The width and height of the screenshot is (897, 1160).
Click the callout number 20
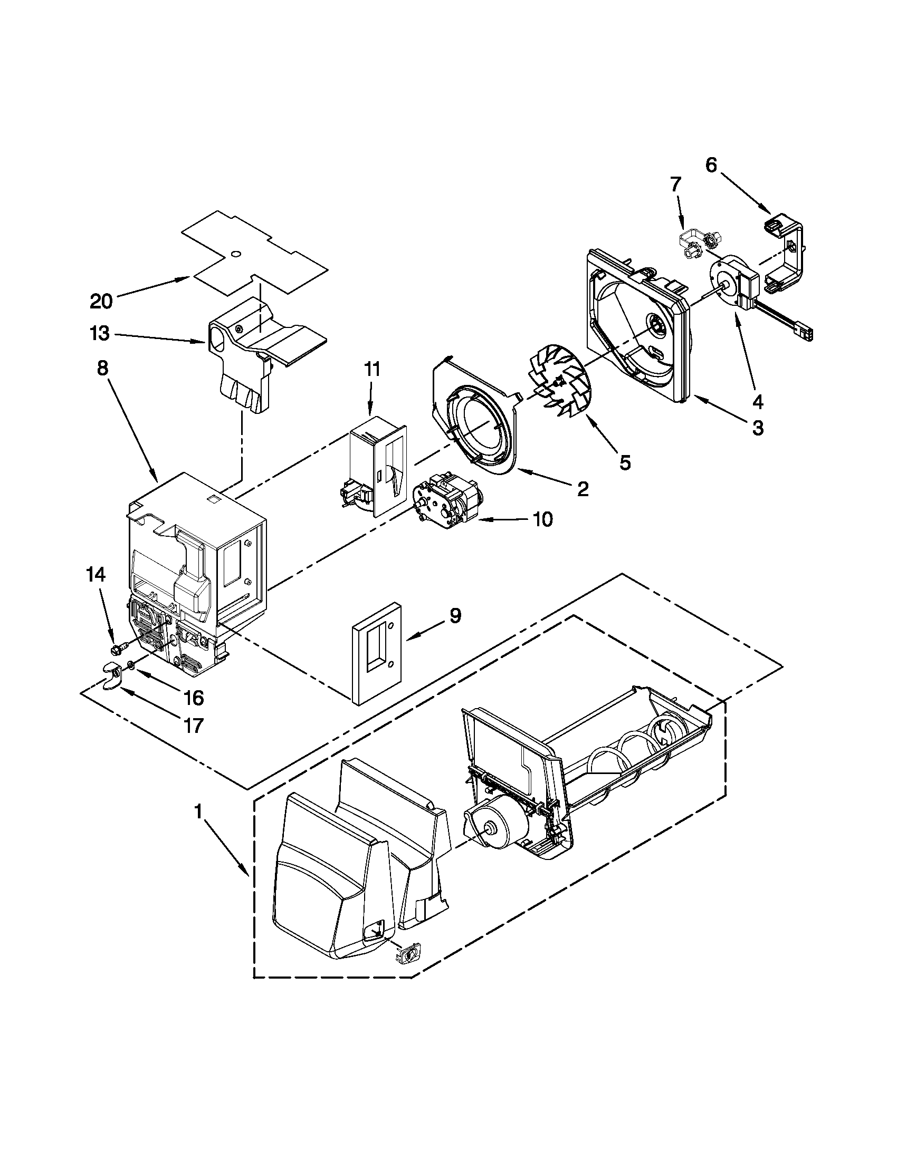(101, 302)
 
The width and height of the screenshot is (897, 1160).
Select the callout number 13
(100, 334)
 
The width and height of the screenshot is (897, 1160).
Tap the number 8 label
(102, 368)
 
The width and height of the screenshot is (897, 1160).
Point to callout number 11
(372, 369)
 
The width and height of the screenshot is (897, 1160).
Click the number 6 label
(711, 165)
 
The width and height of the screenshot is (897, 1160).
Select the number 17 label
(193, 725)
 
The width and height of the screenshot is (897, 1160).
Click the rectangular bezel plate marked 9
(376, 656)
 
